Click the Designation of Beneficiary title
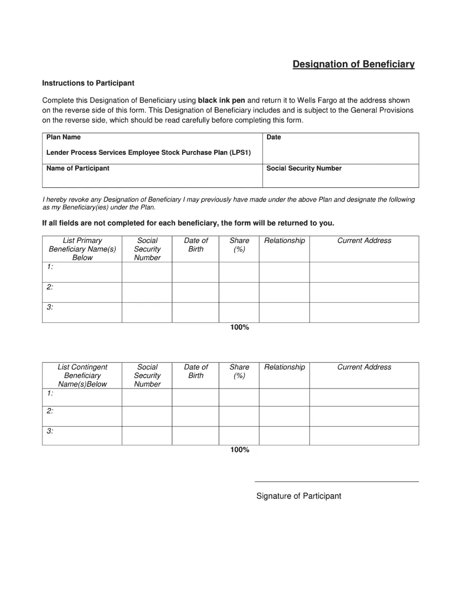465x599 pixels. pyautogui.click(x=353, y=64)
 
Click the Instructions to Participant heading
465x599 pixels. pyautogui.click(x=88, y=83)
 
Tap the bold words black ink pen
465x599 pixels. pyautogui.click(x=221, y=101)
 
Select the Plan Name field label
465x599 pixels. pyautogui.click(x=63, y=138)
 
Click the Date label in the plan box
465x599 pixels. pyautogui.click(x=274, y=138)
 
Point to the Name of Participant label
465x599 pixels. pyautogui.click(x=78, y=169)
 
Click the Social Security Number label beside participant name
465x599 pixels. pyautogui.click(x=304, y=169)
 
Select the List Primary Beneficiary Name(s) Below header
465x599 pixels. pyautogui.click(x=82, y=249)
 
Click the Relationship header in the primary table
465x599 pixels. pyautogui.click(x=284, y=241)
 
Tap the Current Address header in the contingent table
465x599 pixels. pyautogui.click(x=364, y=368)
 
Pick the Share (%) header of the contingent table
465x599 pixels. pyautogui.click(x=239, y=371)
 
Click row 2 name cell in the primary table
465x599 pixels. pyautogui.click(x=82, y=292)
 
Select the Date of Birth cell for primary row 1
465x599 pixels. pyautogui.click(x=196, y=272)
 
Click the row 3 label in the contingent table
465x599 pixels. pyautogui.click(x=50, y=431)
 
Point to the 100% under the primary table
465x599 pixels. pyautogui.click(x=239, y=327)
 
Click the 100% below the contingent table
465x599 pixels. pyautogui.click(x=239, y=450)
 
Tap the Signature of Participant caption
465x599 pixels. pyautogui.click(x=299, y=496)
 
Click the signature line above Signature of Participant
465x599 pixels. pyautogui.click(x=337, y=482)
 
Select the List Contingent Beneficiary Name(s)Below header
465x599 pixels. pyautogui.click(x=82, y=376)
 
